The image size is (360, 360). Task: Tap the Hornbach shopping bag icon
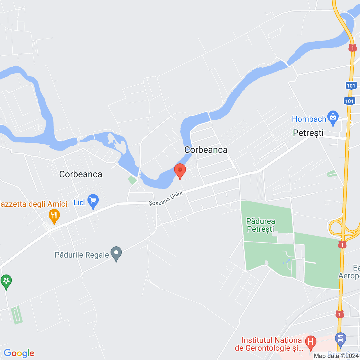(333, 118)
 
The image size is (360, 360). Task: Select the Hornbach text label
(309, 119)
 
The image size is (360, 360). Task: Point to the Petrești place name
(308, 133)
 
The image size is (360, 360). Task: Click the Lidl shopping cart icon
(93, 201)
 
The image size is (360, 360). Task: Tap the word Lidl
(80, 202)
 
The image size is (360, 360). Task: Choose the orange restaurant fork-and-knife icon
(54, 216)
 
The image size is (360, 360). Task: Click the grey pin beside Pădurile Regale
(116, 253)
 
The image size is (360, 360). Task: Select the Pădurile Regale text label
(82, 255)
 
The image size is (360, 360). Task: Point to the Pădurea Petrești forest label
(260, 225)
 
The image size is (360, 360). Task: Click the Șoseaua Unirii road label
(166, 199)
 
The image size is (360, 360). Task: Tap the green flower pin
(6, 281)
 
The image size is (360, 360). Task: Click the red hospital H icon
(311, 342)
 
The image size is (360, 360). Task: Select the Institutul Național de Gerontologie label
(269, 344)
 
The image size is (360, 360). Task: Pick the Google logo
(19, 353)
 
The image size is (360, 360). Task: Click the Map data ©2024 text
(336, 356)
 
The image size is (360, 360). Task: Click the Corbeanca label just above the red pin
(206, 150)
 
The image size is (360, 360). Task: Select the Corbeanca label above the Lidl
(81, 174)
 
